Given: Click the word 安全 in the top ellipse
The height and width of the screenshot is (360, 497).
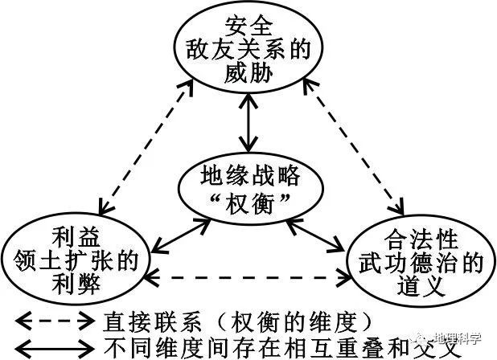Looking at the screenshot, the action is point(249,27).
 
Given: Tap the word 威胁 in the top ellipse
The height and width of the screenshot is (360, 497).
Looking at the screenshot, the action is point(249,73).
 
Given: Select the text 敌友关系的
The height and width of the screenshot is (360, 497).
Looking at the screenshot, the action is point(249,50).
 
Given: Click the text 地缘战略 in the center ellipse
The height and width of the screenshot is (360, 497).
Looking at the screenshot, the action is point(250,175).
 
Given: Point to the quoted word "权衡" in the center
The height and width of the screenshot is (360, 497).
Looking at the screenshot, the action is point(250,202).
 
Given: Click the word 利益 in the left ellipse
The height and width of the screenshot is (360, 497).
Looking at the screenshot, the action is point(76,237).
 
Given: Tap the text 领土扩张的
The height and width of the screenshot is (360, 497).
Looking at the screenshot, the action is point(76,261).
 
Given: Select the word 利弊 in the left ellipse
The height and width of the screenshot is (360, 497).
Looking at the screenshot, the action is point(76,284).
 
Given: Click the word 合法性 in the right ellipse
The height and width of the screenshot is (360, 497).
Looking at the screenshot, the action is point(421,239).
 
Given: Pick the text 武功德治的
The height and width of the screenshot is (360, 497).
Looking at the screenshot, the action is point(421,263).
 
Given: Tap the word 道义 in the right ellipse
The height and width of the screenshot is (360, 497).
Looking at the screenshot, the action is point(421,286).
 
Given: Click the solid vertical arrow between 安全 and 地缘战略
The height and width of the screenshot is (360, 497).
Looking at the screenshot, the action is point(249,122).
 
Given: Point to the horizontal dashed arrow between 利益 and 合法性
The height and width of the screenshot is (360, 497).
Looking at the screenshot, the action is point(249,277).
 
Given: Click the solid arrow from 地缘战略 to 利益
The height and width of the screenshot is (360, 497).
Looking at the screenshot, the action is point(181,235).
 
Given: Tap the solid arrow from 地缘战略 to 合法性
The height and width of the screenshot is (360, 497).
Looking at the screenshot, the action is point(315,235).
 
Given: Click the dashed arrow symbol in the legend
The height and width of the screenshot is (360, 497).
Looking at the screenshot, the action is point(55,321).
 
